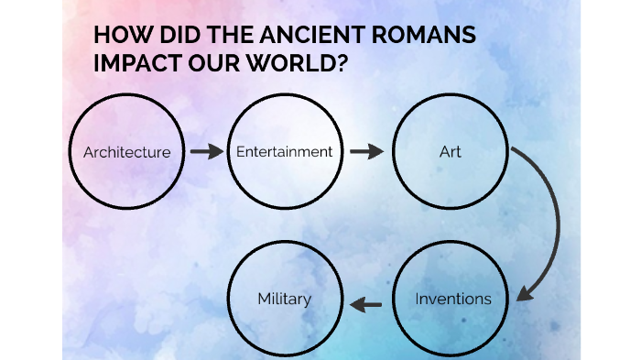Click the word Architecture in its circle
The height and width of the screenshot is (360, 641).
point(126,152)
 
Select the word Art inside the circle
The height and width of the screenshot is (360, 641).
point(451,151)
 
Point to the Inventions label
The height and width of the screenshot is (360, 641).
point(453,299)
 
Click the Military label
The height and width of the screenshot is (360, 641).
point(284,299)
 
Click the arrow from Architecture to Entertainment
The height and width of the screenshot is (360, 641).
point(207,151)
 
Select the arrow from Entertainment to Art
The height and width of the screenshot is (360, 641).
point(366,151)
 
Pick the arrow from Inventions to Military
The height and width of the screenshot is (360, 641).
point(367,303)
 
